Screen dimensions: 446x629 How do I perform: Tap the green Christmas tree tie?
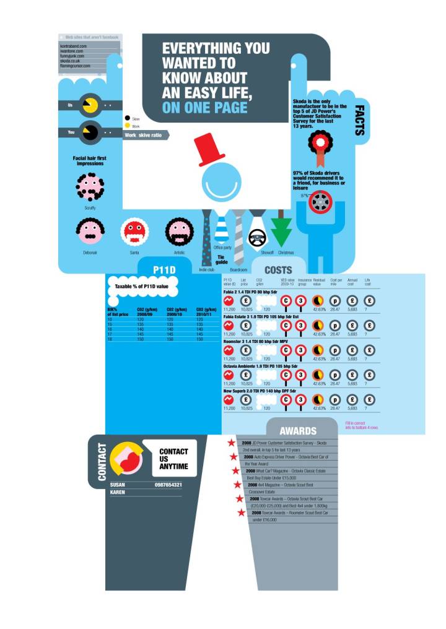tap(282, 232)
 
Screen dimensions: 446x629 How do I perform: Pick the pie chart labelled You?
tap(90, 132)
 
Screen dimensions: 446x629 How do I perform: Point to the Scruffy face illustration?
tap(90, 186)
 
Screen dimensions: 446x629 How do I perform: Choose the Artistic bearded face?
tap(179, 232)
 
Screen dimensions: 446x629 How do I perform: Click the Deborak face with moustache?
tap(90, 232)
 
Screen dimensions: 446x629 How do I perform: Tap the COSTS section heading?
tap(278, 270)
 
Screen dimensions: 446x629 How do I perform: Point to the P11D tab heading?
tap(167, 269)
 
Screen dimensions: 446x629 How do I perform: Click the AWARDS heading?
tap(298, 430)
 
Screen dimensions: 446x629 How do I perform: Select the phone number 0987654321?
tap(168, 484)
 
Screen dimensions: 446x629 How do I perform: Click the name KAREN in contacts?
tap(118, 492)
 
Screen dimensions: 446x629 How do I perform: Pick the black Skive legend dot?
tap(127, 118)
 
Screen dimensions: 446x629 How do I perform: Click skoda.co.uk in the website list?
tap(74, 61)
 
